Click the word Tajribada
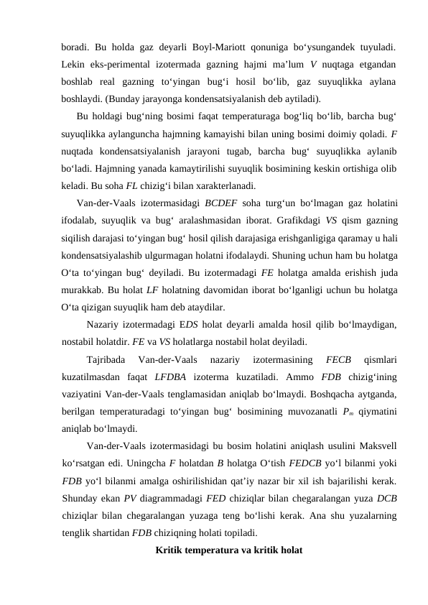(x=104, y=359)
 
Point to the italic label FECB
(x=339, y=359)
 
